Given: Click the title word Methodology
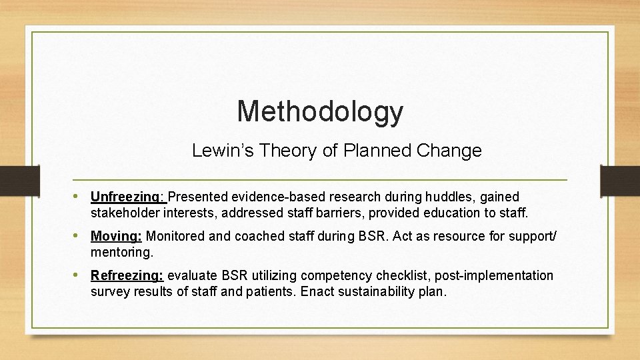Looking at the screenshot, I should (320, 111).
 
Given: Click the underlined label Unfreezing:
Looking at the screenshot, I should (127, 197).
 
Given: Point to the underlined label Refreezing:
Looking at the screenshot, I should (127, 275).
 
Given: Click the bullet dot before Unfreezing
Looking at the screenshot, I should (81, 197).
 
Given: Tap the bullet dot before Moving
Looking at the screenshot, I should (81, 236).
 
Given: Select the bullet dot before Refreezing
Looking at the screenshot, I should (81, 275).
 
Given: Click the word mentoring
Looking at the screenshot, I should (121, 253).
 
